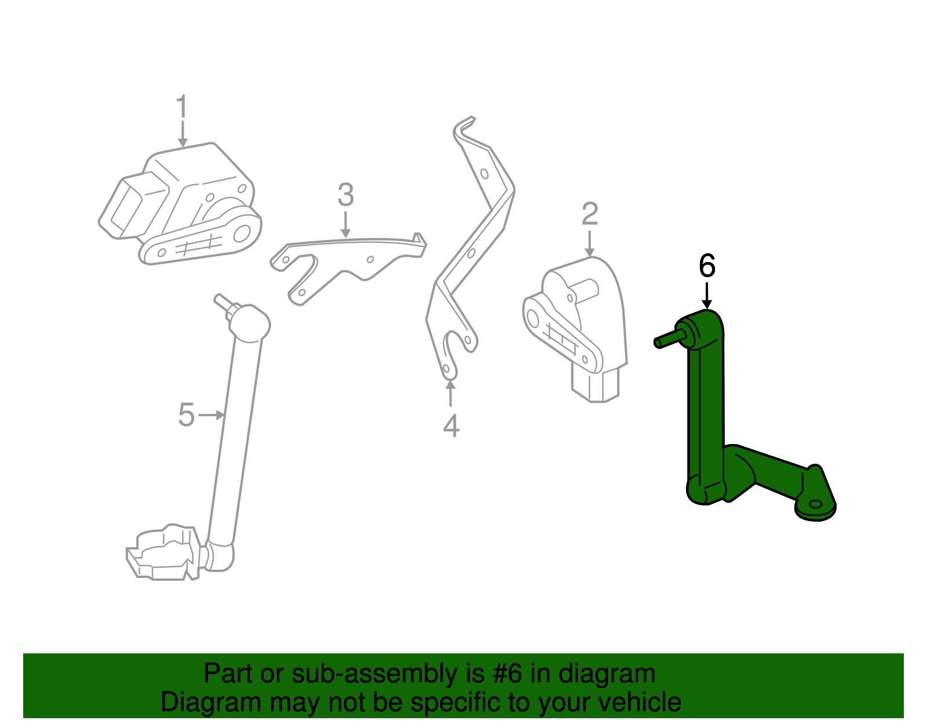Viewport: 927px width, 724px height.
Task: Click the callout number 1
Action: pos(182,108)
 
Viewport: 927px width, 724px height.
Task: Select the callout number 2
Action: pos(589,214)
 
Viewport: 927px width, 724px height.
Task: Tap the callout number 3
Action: pos(345,195)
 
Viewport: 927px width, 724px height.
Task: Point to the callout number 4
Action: pos(451,426)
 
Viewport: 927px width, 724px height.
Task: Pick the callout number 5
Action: pos(186,415)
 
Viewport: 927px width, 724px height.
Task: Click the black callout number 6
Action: pos(707,266)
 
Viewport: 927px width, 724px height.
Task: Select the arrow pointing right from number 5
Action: pos(211,415)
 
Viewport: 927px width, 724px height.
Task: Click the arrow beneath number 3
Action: pos(345,224)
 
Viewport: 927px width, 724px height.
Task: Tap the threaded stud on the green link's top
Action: pos(669,339)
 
